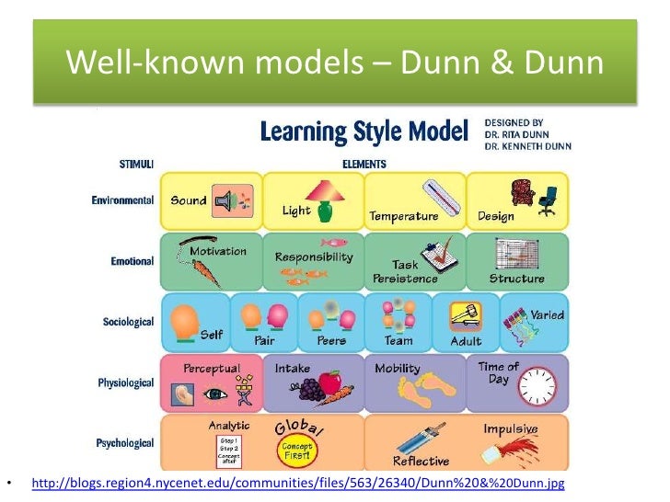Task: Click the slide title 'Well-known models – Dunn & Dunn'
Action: click(334, 63)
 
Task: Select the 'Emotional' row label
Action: click(132, 260)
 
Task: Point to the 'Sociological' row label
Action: click(127, 322)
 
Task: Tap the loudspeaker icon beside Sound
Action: click(225, 200)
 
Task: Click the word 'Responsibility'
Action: click(313, 257)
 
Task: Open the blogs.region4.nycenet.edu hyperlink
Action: click(297, 483)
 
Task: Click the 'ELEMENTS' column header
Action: click(364, 165)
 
